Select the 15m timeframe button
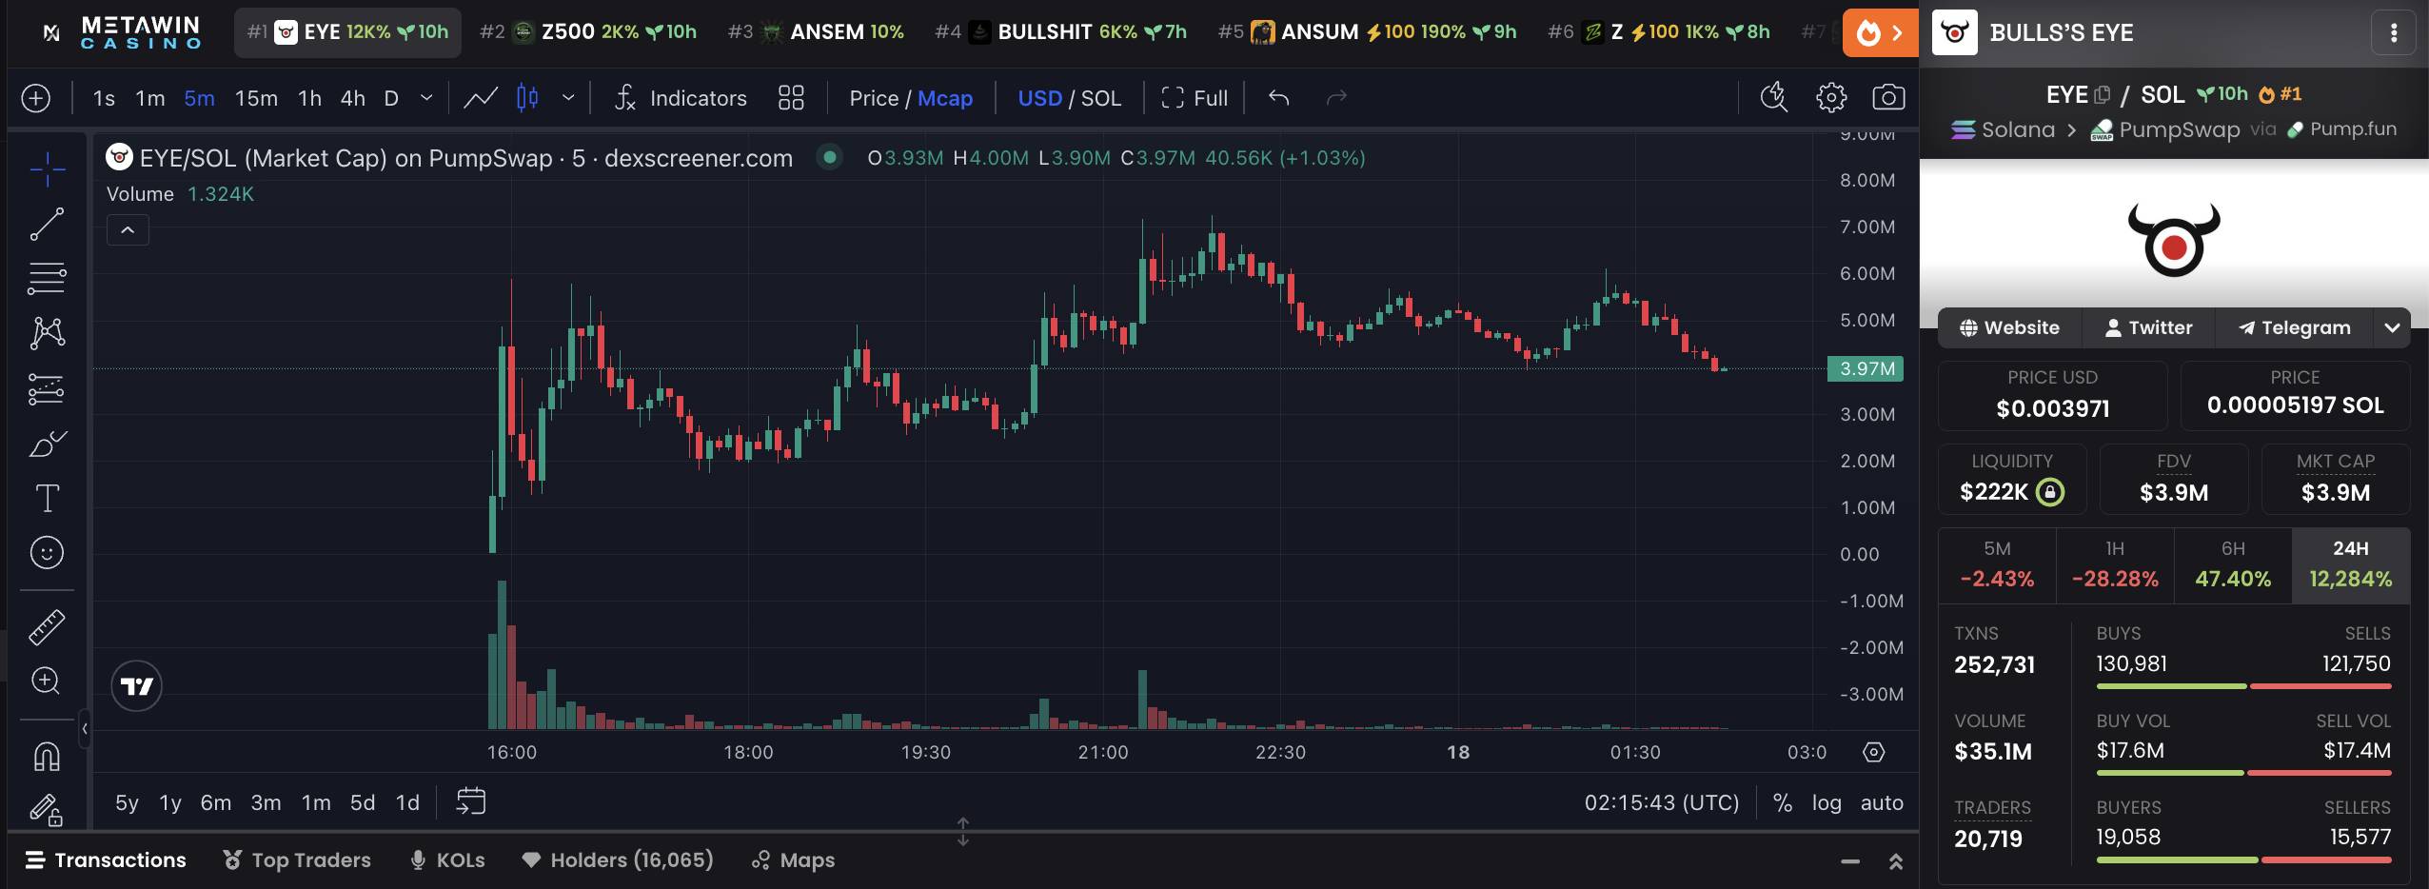click(256, 98)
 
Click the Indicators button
click(681, 98)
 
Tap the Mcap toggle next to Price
click(945, 98)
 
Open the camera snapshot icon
click(1888, 97)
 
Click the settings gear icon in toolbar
click(1831, 97)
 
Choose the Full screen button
click(1195, 98)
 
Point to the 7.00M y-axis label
click(1867, 227)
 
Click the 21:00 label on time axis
click(1103, 752)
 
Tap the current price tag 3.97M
click(1866, 368)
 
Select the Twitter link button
click(2148, 327)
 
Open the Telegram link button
click(2294, 327)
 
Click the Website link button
click(2009, 327)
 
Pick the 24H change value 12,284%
click(2350, 579)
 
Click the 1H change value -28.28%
click(2115, 579)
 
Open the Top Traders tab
click(297, 860)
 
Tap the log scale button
click(1827, 802)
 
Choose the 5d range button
click(363, 802)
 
